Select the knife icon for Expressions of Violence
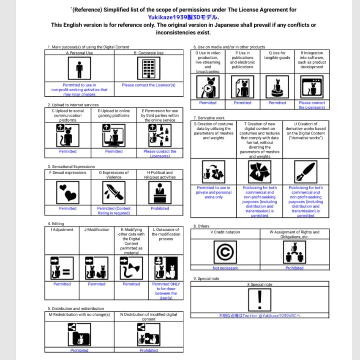tap(114, 193)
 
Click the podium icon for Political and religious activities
tap(160, 193)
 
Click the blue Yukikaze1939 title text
tap(183, 17)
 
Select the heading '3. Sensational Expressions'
tap(71, 166)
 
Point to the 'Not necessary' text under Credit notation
tap(225, 268)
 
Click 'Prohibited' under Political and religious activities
tap(160, 208)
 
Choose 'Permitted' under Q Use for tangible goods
tap(277, 103)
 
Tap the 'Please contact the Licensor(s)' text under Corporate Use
tap(148, 85)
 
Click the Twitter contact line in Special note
tap(259, 316)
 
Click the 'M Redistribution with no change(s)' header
tap(79, 314)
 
